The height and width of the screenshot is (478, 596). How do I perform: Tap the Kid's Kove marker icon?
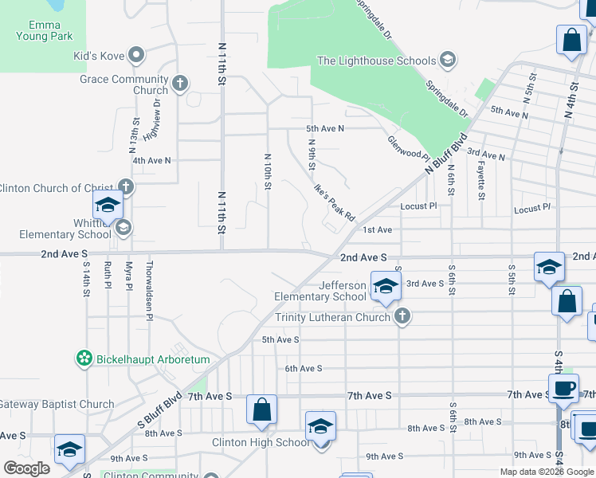136,55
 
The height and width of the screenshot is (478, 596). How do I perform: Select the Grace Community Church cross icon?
181,81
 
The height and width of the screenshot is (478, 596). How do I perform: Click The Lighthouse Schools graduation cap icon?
448,61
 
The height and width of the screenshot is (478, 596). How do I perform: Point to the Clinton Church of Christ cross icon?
125,187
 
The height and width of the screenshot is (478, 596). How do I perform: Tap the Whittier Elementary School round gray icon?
123,229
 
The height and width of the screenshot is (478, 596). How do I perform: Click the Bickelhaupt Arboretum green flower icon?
84,359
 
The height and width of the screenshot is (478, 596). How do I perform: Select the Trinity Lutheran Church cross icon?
402,317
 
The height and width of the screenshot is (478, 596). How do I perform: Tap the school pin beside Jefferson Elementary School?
385,287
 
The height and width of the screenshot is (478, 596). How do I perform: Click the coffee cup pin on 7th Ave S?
563,389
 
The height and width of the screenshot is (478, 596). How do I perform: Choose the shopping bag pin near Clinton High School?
261,410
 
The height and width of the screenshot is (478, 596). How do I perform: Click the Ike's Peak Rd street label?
333,204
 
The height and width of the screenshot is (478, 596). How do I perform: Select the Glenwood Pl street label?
408,145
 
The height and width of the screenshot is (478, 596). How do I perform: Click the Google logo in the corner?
26,468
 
